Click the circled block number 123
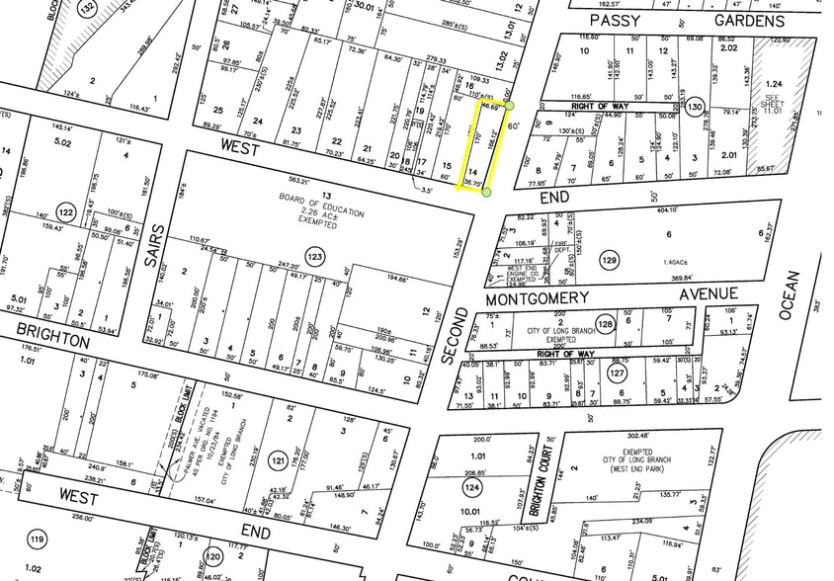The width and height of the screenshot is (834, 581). [314, 257]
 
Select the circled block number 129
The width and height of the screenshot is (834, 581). [609, 260]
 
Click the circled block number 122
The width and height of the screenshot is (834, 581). [66, 213]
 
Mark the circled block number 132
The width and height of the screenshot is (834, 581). [89, 9]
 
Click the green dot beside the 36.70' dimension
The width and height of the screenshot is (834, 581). [487, 192]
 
